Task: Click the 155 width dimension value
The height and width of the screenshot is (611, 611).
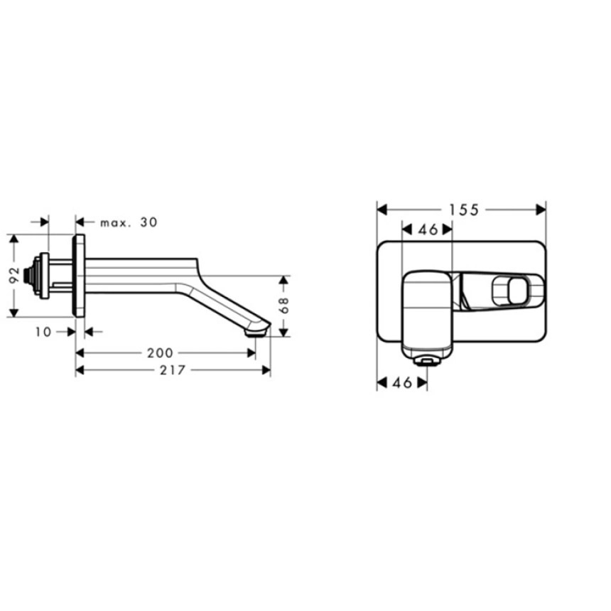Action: pos(463,210)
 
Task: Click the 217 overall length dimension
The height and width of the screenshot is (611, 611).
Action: pos(173,370)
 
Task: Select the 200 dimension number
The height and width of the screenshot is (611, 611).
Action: pos(160,353)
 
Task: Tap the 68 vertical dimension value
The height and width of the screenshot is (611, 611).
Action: pos(284,305)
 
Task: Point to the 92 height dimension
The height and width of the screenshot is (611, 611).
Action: pos(14,276)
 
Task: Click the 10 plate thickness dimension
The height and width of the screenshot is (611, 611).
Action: pos(43,332)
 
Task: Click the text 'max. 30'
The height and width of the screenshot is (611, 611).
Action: pos(129,222)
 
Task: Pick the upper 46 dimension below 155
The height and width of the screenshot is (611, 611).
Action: pos(428,230)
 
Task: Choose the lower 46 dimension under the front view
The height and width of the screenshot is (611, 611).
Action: pos(403,383)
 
